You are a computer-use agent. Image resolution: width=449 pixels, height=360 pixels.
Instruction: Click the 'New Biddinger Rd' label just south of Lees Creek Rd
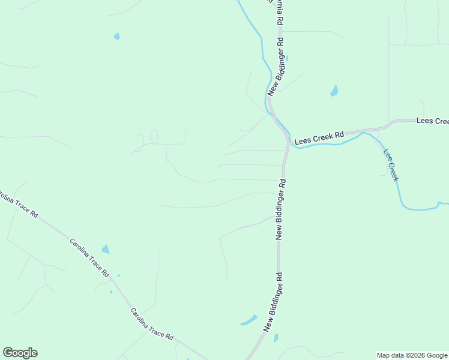point(280,209)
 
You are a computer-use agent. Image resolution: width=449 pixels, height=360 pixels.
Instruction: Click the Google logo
point(20,353)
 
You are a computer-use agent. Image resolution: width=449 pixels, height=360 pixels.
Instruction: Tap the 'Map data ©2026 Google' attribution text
point(412,355)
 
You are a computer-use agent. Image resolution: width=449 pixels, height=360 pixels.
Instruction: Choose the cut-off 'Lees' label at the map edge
point(432,121)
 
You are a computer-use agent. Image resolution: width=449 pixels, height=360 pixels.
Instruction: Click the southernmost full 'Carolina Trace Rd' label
point(152,325)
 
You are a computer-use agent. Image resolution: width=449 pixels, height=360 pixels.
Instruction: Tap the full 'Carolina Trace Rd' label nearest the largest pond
point(89,257)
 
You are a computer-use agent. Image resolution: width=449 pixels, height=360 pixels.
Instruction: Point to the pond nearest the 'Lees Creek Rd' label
point(334,91)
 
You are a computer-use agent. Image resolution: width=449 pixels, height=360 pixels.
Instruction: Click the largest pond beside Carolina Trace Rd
point(106,249)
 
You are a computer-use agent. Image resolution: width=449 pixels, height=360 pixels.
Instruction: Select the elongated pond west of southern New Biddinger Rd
point(249,320)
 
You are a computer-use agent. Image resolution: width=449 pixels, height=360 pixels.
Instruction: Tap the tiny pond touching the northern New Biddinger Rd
point(286,58)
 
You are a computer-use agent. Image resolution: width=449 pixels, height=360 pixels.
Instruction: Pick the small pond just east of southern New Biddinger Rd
point(276,338)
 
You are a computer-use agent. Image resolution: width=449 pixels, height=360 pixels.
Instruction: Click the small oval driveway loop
point(154,137)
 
